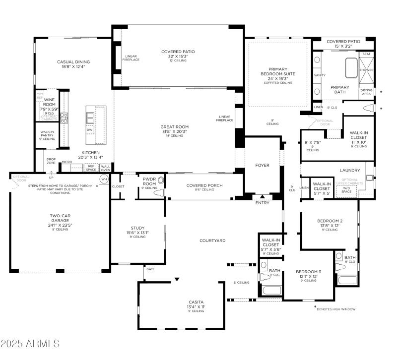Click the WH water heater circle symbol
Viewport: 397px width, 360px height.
click(x=104, y=179)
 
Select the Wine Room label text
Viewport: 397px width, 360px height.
click(x=49, y=101)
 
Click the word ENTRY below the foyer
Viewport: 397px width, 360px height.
click(x=262, y=202)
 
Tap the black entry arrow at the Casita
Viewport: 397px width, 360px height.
click(x=177, y=280)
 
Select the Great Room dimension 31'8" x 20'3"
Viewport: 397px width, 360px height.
click(x=174, y=131)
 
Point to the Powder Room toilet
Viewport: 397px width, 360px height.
click(x=160, y=193)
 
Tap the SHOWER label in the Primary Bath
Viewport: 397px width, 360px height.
click(x=366, y=70)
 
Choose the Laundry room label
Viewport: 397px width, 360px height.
click(x=349, y=170)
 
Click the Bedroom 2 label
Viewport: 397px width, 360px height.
click(x=330, y=221)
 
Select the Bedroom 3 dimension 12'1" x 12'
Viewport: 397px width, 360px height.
click(x=309, y=276)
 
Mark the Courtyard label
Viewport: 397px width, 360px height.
click(x=212, y=240)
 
